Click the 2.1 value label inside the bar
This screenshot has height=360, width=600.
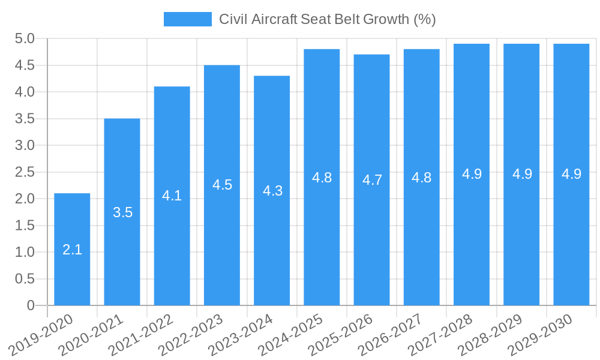point(72,250)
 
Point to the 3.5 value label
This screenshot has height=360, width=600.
point(122,212)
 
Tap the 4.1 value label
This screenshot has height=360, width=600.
point(172,195)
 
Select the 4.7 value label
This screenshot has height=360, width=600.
point(372,179)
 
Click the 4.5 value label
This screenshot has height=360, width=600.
point(222,184)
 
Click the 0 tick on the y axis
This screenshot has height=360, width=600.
point(31,305)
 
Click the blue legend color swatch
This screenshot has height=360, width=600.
point(187,19)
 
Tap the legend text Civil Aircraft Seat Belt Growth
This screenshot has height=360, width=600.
point(327,19)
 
